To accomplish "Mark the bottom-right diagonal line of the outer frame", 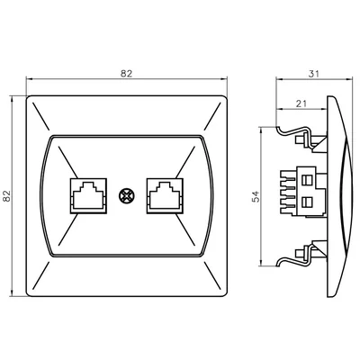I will (x=211, y=275).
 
